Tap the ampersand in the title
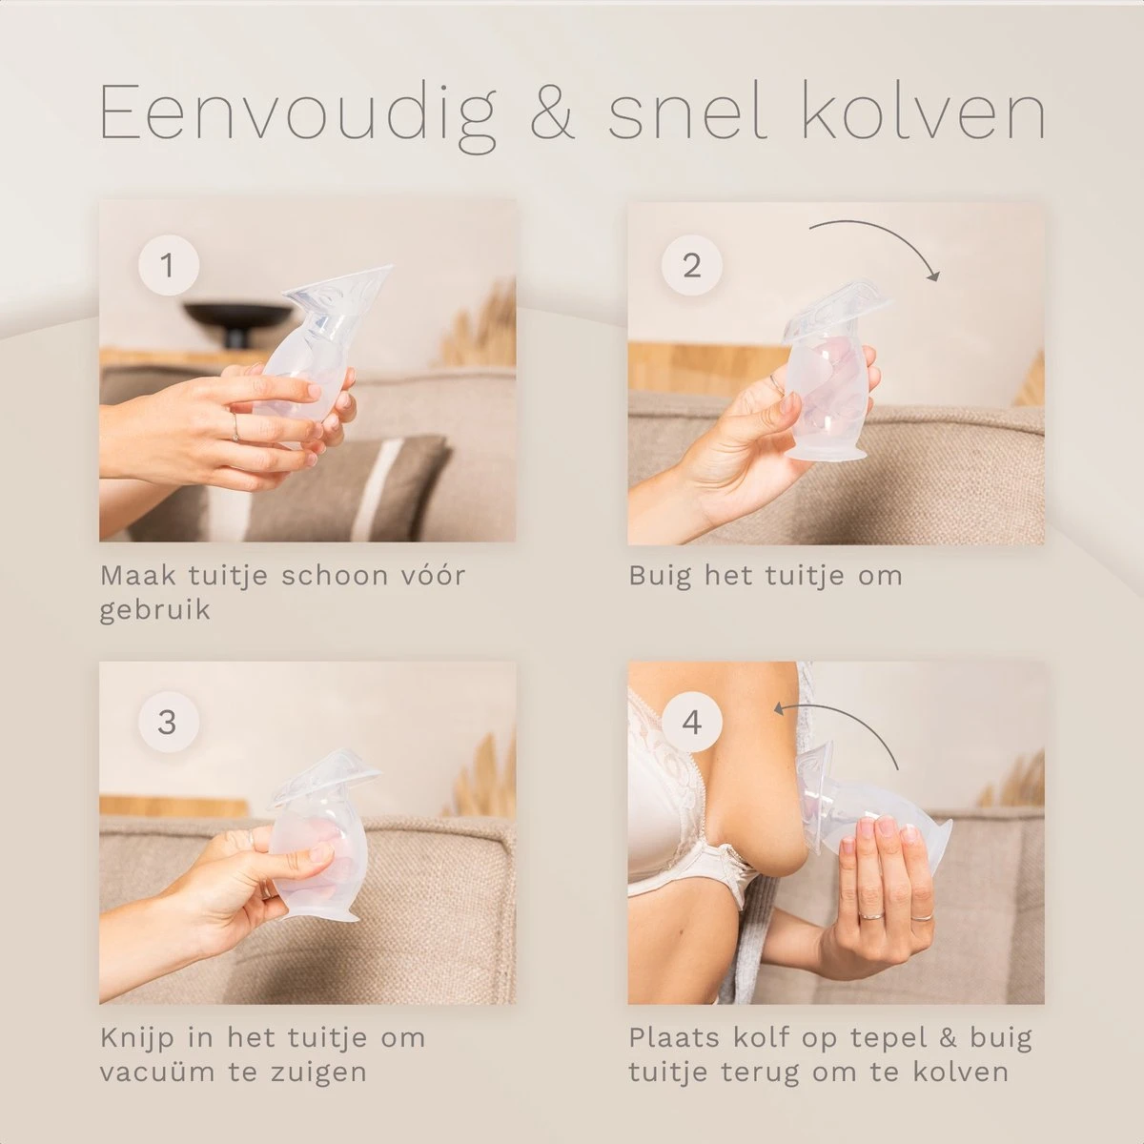point(552,112)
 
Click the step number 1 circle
point(168,265)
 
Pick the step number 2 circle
point(691,265)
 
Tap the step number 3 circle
point(168,723)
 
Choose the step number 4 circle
point(691,723)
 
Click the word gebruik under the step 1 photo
point(155,610)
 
